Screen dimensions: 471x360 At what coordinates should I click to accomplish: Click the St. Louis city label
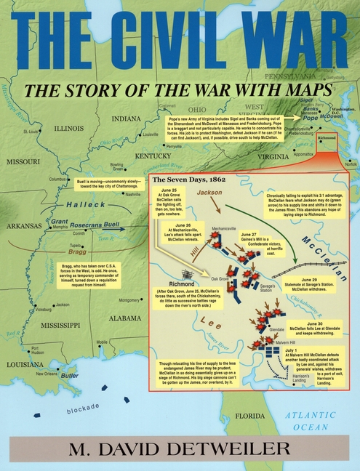pos(30,132)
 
